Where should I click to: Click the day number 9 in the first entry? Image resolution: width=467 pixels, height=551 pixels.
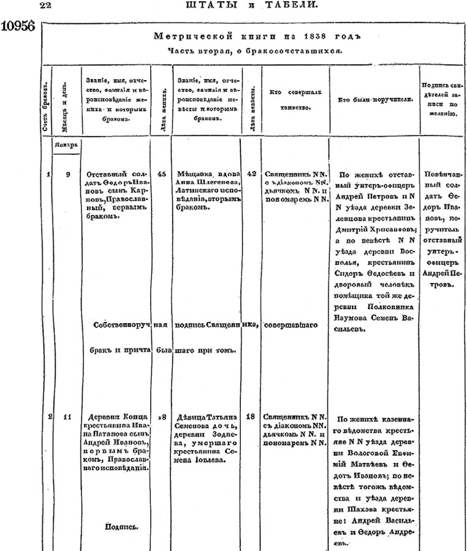coord(67,174)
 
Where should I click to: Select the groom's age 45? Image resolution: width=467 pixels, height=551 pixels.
coord(162,174)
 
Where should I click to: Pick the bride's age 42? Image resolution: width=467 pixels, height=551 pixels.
coord(251,174)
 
